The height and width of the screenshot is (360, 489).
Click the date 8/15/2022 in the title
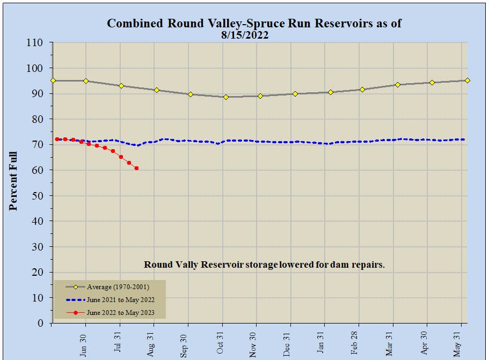pyautogui.click(x=244, y=35)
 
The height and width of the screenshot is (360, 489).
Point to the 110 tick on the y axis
pyautogui.click(x=39, y=42)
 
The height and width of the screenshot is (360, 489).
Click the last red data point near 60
pyautogui.click(x=136, y=168)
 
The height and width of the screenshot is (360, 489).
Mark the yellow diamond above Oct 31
pyautogui.click(x=226, y=97)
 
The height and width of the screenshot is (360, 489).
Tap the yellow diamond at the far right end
pyautogui.click(x=468, y=80)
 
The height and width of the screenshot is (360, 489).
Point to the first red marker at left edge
pyautogui.click(x=57, y=139)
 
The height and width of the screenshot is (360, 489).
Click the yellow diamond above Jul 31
pyautogui.click(x=121, y=86)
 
